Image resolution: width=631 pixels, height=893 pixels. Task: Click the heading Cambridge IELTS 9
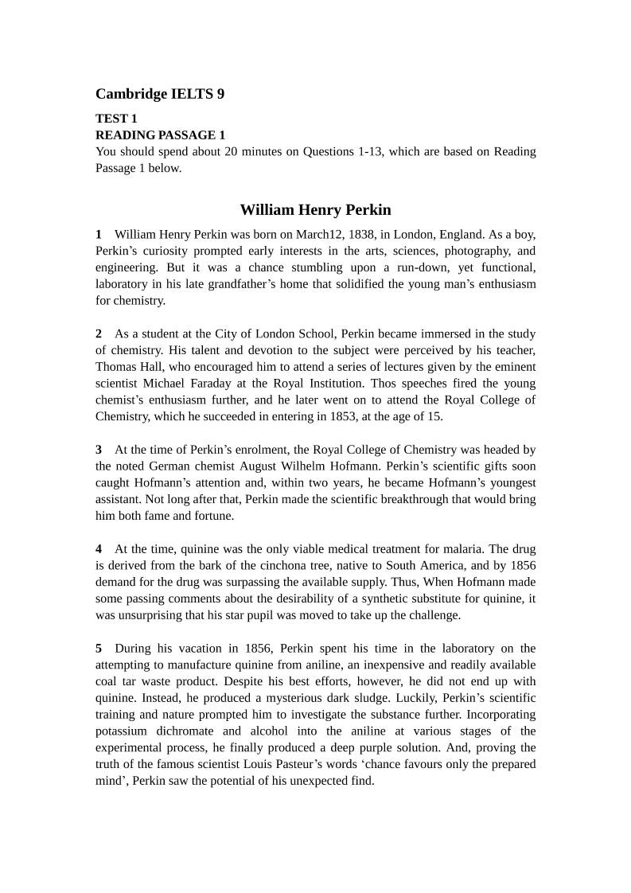pyautogui.click(x=160, y=94)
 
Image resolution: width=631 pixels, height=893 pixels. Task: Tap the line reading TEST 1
pyautogui.click(x=116, y=119)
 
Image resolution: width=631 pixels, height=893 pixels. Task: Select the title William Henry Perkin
pyautogui.click(x=315, y=210)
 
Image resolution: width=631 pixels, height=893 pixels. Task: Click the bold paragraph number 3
pyautogui.click(x=99, y=450)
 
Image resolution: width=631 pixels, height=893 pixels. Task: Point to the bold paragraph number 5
pyautogui.click(x=99, y=648)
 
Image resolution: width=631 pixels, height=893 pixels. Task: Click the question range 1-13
pyautogui.click(x=361, y=151)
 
